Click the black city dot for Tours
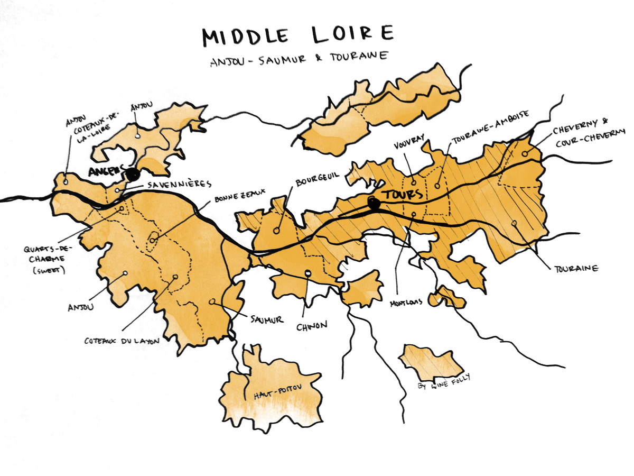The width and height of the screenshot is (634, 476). [x=374, y=203]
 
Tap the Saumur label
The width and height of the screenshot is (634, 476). [x=267, y=319]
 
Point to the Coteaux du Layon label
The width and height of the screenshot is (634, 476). [x=122, y=341]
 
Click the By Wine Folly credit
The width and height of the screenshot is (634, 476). [x=443, y=381]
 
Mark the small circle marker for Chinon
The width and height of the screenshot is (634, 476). [x=308, y=273]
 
